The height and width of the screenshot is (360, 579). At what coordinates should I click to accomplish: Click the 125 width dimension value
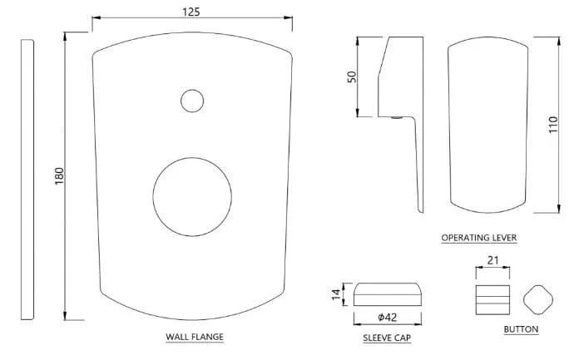191,12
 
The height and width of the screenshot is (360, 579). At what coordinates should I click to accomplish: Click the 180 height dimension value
59,176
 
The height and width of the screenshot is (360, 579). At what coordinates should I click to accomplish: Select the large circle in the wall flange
153,197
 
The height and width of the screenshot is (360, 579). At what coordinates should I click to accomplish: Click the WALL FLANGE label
195,337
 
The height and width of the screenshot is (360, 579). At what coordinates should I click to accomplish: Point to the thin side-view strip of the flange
27,180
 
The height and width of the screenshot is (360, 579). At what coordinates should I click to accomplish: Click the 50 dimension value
352,76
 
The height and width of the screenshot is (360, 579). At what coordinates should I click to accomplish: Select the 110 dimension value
552,125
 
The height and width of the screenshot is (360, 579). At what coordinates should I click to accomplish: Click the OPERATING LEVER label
479,238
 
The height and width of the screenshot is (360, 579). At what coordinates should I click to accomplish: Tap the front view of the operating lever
448,125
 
